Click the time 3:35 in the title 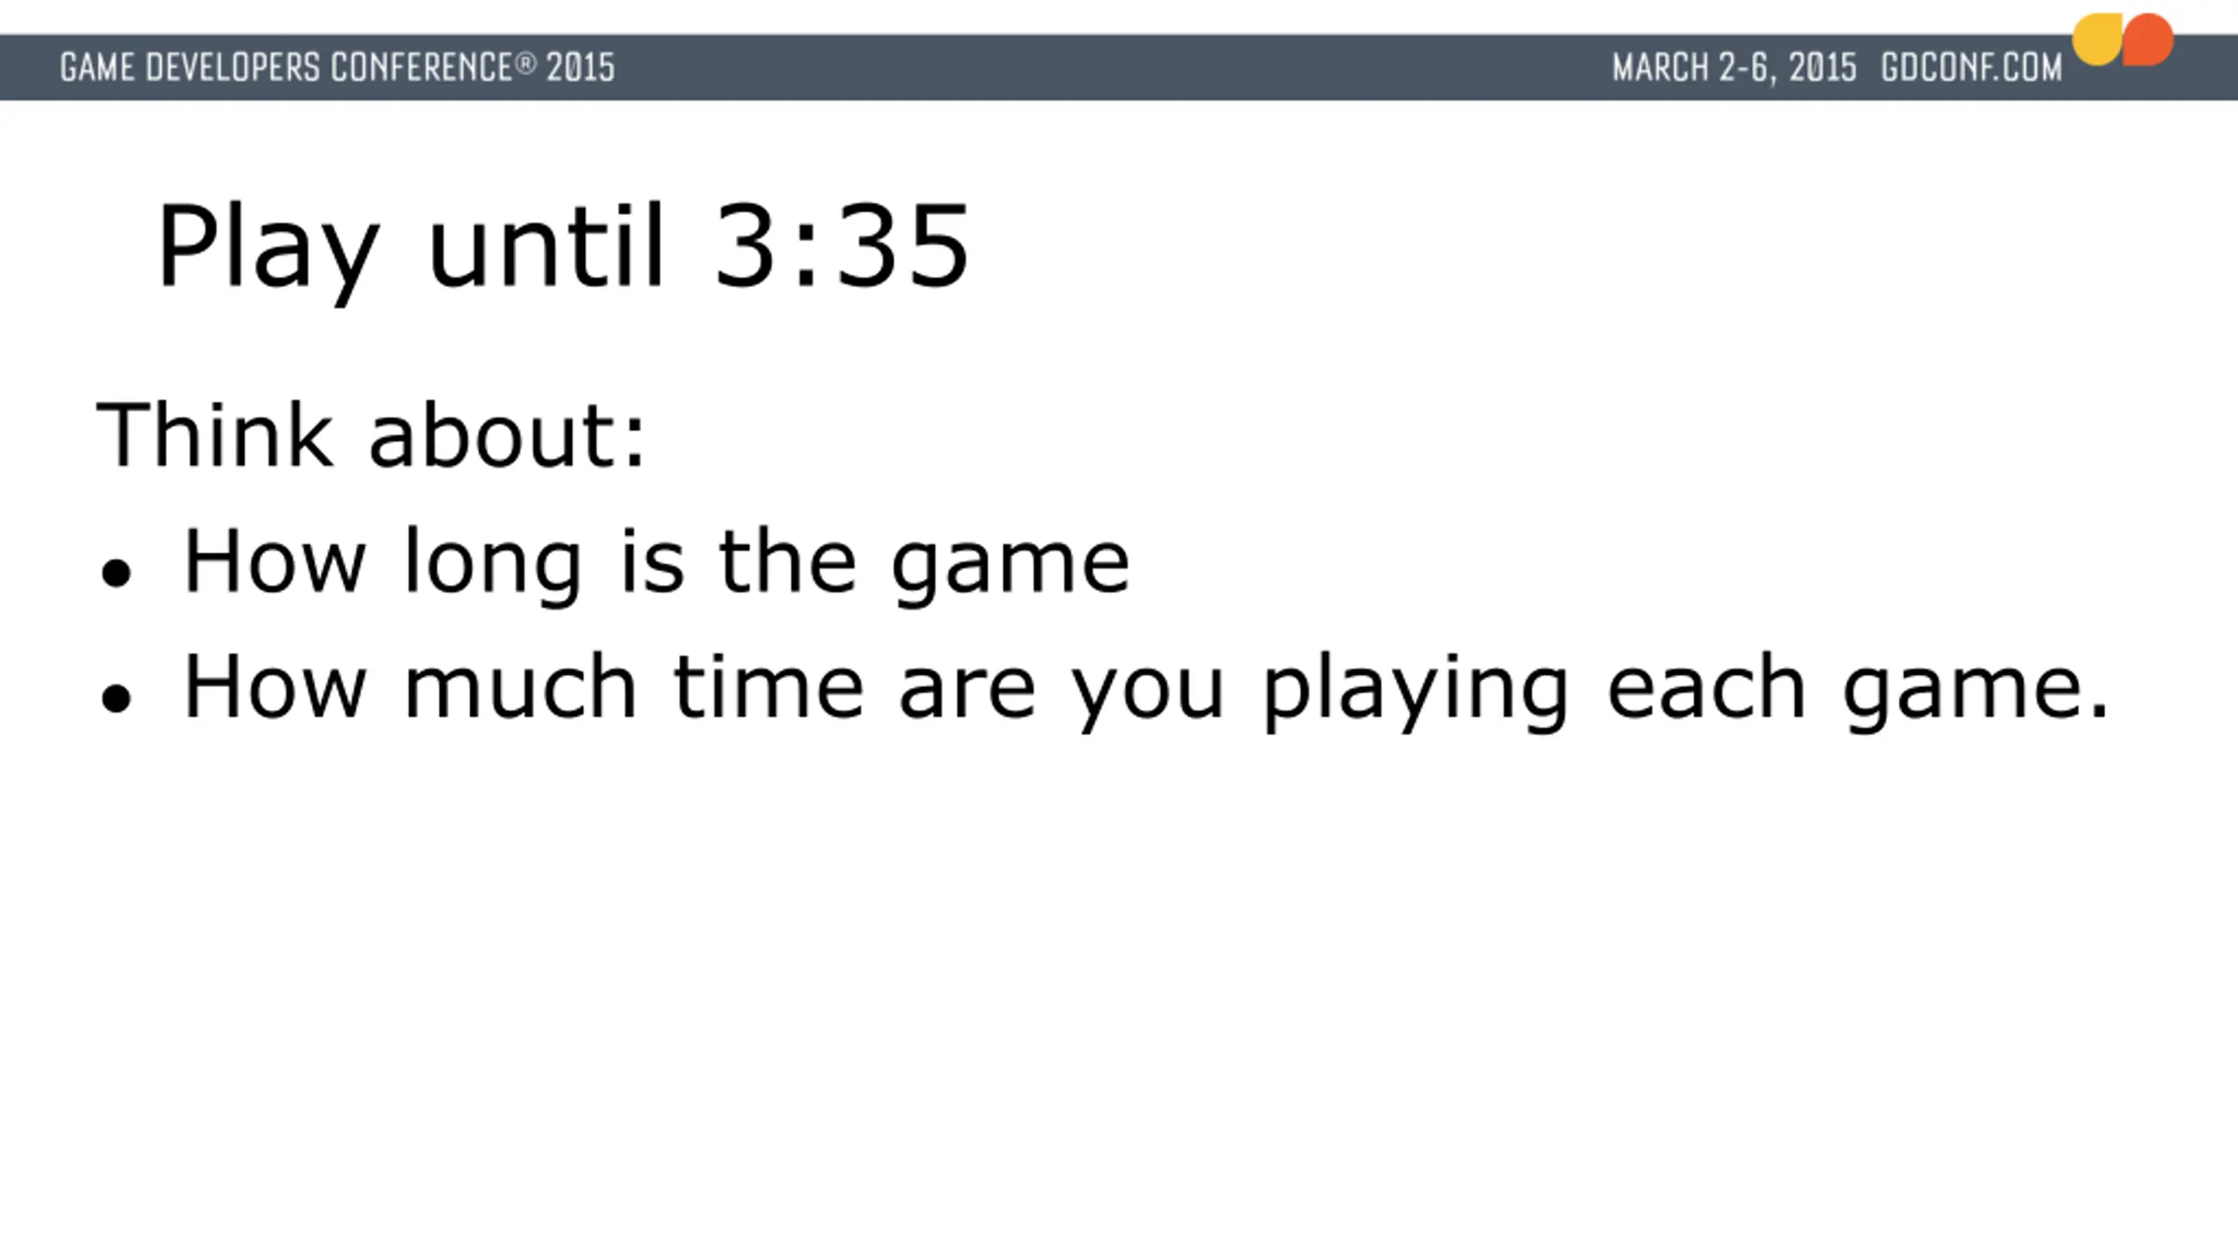click(842, 246)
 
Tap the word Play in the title click(268, 254)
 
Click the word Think click(214, 435)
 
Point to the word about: click(507, 435)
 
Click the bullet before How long click(116, 574)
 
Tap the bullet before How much click(116, 699)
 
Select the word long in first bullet click(492, 567)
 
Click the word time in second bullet click(768, 686)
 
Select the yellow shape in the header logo click(2097, 39)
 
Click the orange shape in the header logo click(2148, 39)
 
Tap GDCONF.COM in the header click(1971, 67)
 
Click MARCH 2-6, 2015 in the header click(1734, 68)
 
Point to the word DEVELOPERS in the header click(233, 67)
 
